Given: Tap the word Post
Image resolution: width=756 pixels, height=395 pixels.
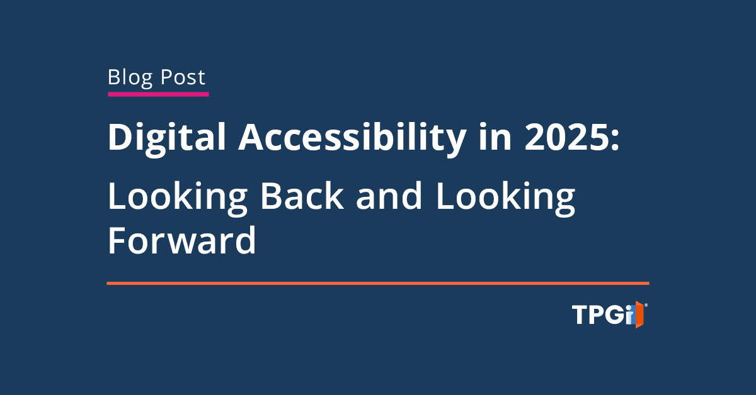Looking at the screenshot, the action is pos(183,77).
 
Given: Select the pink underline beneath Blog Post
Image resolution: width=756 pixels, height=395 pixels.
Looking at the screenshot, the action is pos(158,94).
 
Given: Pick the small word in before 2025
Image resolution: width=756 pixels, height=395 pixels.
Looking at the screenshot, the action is pos(495,136).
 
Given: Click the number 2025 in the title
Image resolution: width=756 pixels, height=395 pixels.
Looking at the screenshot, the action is pos(566,137).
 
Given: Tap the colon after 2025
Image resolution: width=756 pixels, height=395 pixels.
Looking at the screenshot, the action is pos(615,140).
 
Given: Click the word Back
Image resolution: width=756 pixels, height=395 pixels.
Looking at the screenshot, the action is pos(302,196).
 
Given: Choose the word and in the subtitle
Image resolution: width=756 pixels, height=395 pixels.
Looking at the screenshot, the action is pos(389,196).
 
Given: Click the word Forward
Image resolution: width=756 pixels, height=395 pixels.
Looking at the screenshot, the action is pos(182,240).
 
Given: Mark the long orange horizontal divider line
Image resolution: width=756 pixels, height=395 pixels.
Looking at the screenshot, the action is pos(378,284).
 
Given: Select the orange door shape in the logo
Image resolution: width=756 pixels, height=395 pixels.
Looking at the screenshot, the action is pos(639,314).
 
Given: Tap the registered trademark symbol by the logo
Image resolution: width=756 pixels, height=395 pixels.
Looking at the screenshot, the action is pos(646,305).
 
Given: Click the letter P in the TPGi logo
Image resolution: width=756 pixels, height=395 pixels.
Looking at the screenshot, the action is pos(597,314).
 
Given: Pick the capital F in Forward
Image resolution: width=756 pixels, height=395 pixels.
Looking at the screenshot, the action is pos(117,240).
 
